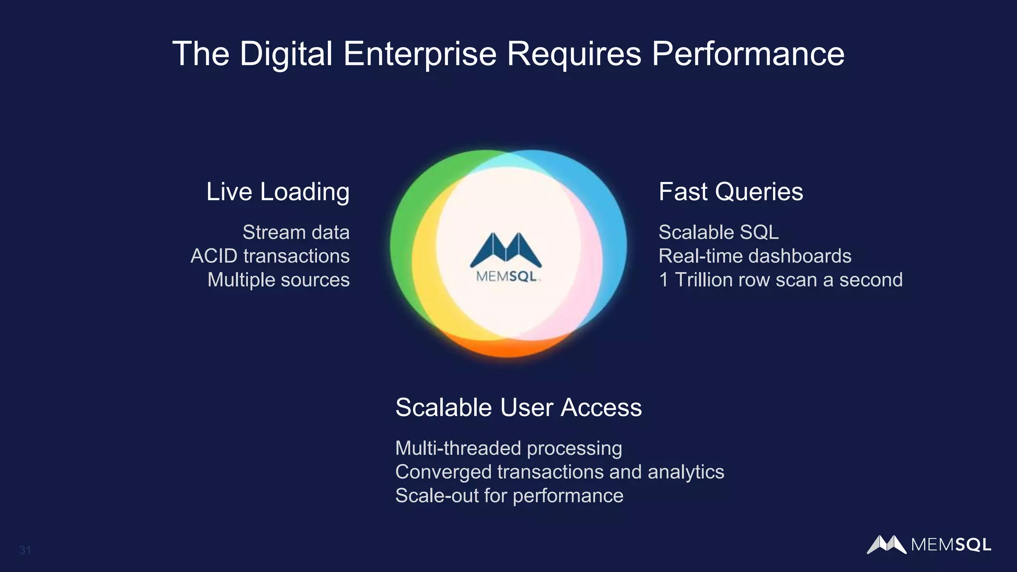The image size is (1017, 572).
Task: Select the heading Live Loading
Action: point(278,192)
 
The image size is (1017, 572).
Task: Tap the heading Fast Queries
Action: point(730,192)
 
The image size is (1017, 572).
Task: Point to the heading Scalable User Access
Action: point(518,408)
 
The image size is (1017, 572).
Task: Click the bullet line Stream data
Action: point(296,232)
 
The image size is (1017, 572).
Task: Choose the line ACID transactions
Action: point(270,256)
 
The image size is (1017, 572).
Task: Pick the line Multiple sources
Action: point(279,280)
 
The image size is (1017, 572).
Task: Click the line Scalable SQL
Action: point(719,232)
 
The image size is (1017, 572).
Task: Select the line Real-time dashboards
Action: point(755,256)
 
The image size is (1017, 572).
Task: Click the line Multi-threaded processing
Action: point(508,448)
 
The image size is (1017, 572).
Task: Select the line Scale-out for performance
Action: point(509,496)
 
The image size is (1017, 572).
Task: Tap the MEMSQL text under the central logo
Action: point(506,277)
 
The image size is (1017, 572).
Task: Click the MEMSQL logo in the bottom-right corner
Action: point(929,545)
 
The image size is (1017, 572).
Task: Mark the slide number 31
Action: point(25,550)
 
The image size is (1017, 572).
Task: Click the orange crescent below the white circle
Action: point(507,348)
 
